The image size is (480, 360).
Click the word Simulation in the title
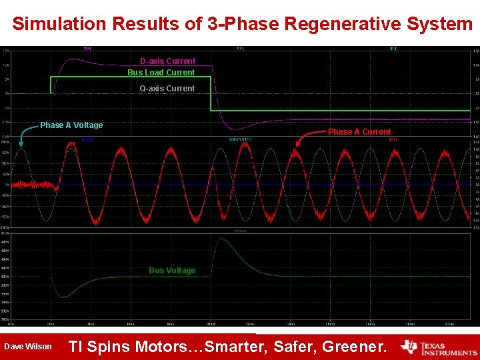pyautogui.click(x=59, y=24)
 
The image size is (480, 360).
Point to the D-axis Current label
pyautogui.click(x=167, y=61)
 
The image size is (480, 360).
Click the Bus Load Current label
pyautogui.click(x=161, y=73)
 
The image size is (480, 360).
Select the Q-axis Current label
pyautogui.click(x=167, y=89)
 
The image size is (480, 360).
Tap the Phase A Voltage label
pyautogui.click(x=71, y=125)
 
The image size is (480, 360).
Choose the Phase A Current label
pyautogui.click(x=359, y=132)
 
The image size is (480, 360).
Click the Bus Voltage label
pyautogui.click(x=172, y=271)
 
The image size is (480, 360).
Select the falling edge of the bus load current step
pyautogui.click(x=211, y=93)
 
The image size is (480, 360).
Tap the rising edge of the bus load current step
pyautogui.click(x=51, y=85)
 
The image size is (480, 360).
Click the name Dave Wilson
pyautogui.click(x=27, y=347)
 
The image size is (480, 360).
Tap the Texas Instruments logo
pyautogui.click(x=439, y=347)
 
